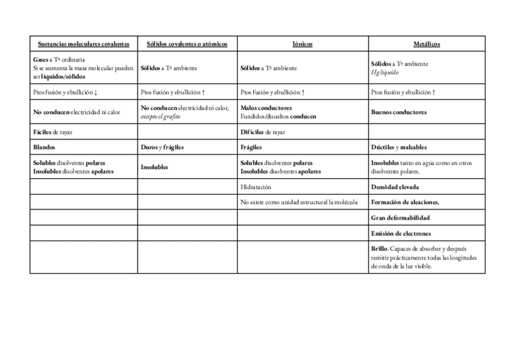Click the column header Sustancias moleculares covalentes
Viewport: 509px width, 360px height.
click(x=83, y=44)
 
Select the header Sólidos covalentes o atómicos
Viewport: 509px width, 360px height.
click(x=187, y=44)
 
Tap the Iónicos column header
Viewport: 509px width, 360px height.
click(x=303, y=44)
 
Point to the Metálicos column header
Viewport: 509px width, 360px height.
click(x=427, y=44)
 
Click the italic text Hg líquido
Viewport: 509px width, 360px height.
click(x=385, y=72)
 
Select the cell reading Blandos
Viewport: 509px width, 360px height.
click(x=44, y=147)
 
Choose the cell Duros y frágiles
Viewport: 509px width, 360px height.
click(x=162, y=147)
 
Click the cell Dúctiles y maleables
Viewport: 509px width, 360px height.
click(x=399, y=147)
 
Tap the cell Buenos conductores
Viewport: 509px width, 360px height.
click(x=399, y=112)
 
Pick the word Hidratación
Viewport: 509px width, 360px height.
click(x=256, y=187)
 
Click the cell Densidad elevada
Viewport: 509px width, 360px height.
click(x=396, y=187)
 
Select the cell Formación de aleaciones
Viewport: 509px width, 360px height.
click(x=405, y=202)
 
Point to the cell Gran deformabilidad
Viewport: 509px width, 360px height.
click(x=400, y=218)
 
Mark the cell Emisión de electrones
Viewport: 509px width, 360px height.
click(x=401, y=233)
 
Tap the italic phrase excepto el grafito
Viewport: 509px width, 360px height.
click(x=160, y=116)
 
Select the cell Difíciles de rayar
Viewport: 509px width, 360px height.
click(x=263, y=132)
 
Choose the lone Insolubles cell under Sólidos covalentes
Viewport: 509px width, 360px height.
click(x=154, y=167)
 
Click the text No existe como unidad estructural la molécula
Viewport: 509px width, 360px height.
click(x=299, y=202)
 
